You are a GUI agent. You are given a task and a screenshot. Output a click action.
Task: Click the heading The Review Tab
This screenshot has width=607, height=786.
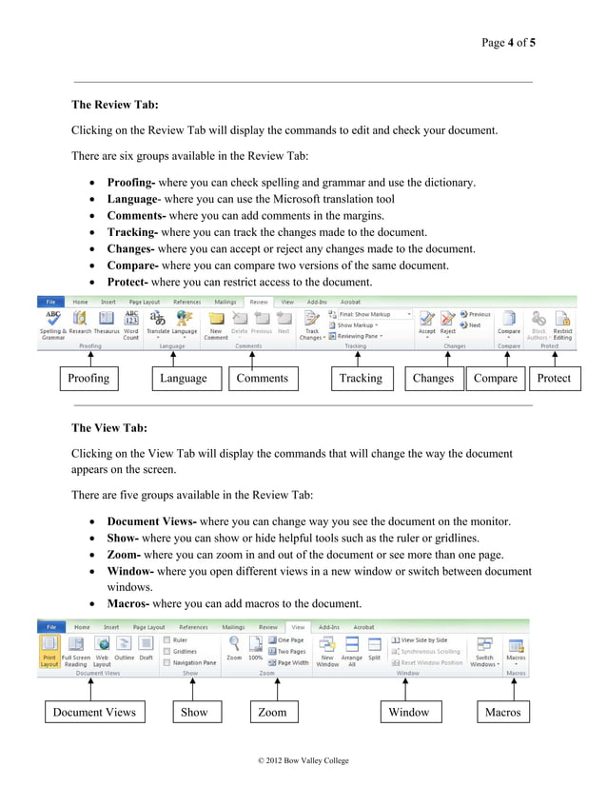tap(115, 105)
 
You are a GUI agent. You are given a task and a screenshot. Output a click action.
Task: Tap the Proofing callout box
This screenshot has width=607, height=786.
tap(88, 379)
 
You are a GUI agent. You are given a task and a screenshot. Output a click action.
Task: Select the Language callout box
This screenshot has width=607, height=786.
tap(184, 379)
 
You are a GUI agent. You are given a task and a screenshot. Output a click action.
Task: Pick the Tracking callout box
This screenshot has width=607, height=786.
tap(361, 379)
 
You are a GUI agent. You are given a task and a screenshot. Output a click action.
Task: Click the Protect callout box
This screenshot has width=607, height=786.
tap(554, 379)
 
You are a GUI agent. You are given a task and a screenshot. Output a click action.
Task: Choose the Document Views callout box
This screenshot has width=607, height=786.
tap(94, 712)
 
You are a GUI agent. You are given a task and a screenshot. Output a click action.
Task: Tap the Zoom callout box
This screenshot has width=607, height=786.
tap(272, 712)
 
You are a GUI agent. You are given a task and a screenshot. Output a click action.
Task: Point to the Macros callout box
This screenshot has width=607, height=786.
tap(502, 712)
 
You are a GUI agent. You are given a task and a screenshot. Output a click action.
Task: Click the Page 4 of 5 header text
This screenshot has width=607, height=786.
tap(508, 43)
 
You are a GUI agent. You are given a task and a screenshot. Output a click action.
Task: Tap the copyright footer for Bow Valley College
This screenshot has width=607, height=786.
tap(297, 761)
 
